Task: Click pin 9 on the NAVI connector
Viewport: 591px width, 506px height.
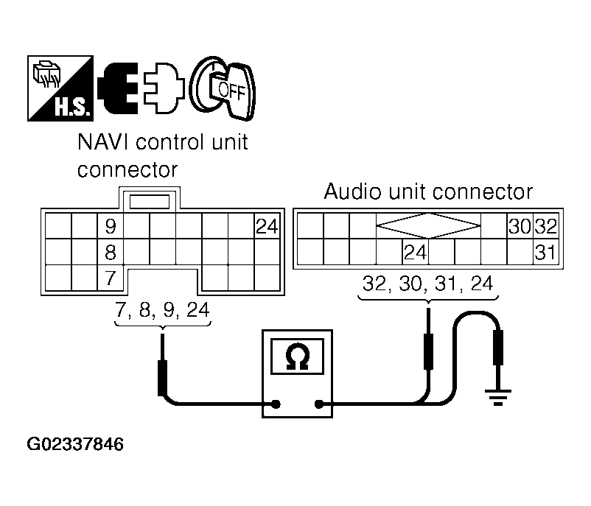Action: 111,226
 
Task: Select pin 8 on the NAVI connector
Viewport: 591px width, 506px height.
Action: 111,253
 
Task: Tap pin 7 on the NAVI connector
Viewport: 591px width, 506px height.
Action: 111,278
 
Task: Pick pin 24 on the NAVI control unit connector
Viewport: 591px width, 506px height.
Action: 266,226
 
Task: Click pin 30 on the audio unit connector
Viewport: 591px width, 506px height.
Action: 518,226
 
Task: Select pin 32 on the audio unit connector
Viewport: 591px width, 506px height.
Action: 545,226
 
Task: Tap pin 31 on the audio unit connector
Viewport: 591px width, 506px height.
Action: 545,253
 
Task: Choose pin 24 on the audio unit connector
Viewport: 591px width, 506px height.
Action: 415,253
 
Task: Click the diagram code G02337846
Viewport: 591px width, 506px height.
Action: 75,445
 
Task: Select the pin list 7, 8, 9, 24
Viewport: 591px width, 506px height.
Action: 161,310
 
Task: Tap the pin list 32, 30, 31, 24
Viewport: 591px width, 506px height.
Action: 427,284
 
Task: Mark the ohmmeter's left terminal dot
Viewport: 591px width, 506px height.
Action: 276,403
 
